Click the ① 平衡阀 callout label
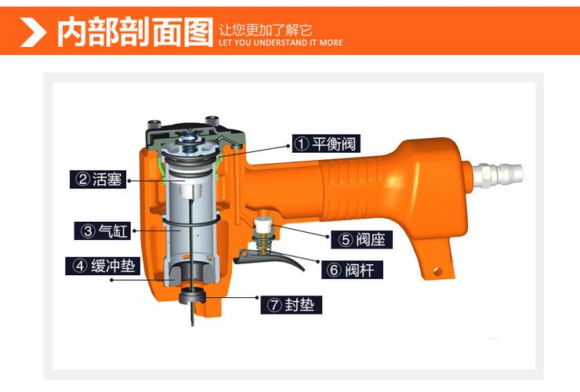[326, 143]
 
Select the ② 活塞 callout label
[98, 180]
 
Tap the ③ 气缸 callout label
[103, 230]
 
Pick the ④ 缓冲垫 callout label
[103, 266]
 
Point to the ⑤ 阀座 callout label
[362, 239]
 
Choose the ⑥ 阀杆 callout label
[352, 270]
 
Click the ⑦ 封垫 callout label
[291, 305]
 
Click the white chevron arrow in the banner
[33, 32]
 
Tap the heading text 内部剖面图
[136, 32]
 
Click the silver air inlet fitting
[497, 173]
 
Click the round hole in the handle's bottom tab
[437, 271]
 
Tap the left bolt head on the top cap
[154, 124]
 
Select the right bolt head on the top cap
[212, 120]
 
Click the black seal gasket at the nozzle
[192, 296]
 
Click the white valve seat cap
[263, 223]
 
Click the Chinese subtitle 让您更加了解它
[265, 30]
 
